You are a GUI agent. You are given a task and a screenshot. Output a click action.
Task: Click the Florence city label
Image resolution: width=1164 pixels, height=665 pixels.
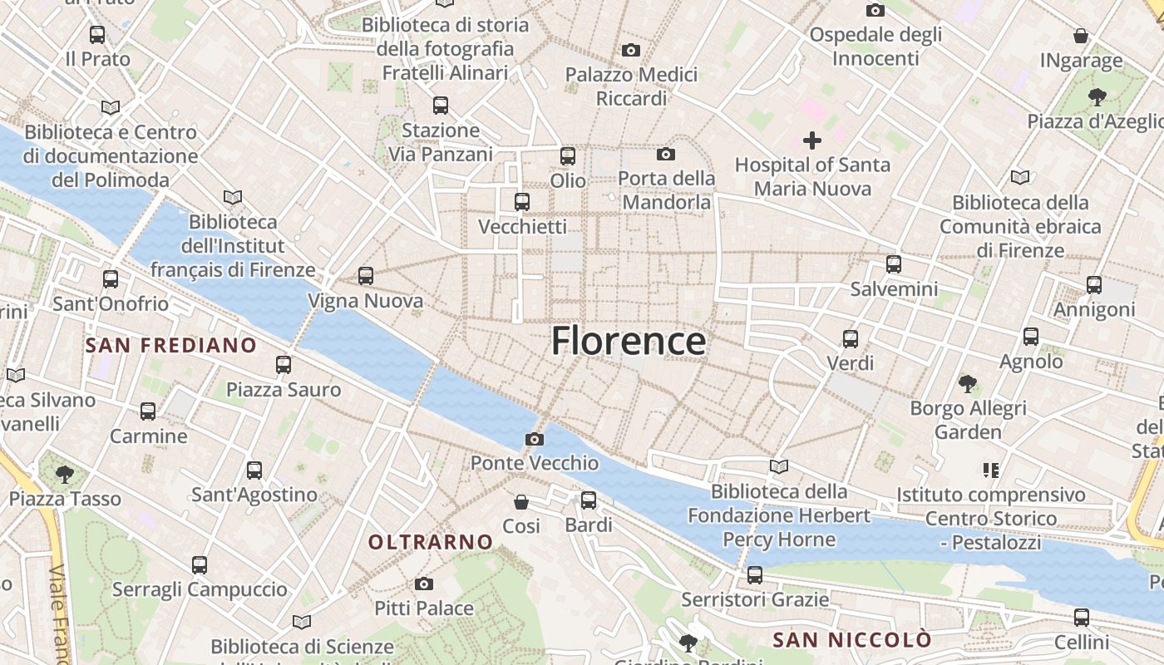pyautogui.click(x=629, y=341)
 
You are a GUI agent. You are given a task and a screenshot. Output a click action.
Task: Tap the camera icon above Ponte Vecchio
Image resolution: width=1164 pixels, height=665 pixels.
pyautogui.click(x=535, y=439)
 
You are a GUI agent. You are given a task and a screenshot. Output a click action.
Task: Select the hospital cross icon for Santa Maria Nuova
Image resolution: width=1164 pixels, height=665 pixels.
pyautogui.click(x=812, y=140)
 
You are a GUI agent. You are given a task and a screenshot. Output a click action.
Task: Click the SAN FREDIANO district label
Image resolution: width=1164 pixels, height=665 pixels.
pyautogui.click(x=171, y=345)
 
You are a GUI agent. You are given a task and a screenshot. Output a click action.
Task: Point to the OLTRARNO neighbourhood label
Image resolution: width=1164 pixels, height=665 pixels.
pyautogui.click(x=431, y=543)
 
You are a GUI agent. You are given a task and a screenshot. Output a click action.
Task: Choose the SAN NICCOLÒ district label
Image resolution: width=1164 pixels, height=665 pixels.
pyautogui.click(x=852, y=640)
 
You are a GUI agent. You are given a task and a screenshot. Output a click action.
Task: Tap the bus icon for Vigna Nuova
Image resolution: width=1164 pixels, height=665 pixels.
pyautogui.click(x=365, y=276)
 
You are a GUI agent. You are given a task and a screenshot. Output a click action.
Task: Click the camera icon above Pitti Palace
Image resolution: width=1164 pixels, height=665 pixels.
pyautogui.click(x=424, y=584)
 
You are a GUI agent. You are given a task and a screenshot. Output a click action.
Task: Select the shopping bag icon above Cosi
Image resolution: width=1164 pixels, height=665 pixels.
pyautogui.click(x=521, y=502)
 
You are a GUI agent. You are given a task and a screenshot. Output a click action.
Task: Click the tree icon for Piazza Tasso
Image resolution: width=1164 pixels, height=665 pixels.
pyautogui.click(x=64, y=475)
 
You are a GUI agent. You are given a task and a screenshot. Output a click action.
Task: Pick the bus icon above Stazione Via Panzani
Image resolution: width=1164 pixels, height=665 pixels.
pyautogui.click(x=441, y=106)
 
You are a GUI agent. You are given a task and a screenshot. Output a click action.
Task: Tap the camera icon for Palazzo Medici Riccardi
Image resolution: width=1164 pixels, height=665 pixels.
pyautogui.click(x=631, y=51)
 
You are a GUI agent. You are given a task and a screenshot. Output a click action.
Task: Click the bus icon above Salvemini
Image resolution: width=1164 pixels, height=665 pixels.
pyautogui.click(x=894, y=264)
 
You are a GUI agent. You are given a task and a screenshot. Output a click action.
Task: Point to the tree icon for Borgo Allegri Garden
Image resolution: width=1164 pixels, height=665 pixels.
pyautogui.click(x=967, y=384)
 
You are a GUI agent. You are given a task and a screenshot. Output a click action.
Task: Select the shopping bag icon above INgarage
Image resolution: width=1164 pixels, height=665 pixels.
pyautogui.click(x=1081, y=37)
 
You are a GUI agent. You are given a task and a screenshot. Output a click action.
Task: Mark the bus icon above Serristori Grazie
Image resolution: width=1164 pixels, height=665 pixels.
pyautogui.click(x=755, y=575)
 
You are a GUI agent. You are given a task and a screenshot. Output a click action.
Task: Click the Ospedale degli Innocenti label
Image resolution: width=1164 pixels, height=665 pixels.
pyautogui.click(x=875, y=47)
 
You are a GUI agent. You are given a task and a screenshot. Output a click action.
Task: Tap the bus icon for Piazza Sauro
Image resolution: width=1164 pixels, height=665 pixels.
pyautogui.click(x=284, y=365)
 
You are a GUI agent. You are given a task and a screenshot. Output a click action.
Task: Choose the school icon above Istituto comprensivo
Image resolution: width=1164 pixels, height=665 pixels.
pyautogui.click(x=990, y=470)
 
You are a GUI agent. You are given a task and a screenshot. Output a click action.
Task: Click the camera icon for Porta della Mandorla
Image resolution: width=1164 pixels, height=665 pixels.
pyautogui.click(x=666, y=154)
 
